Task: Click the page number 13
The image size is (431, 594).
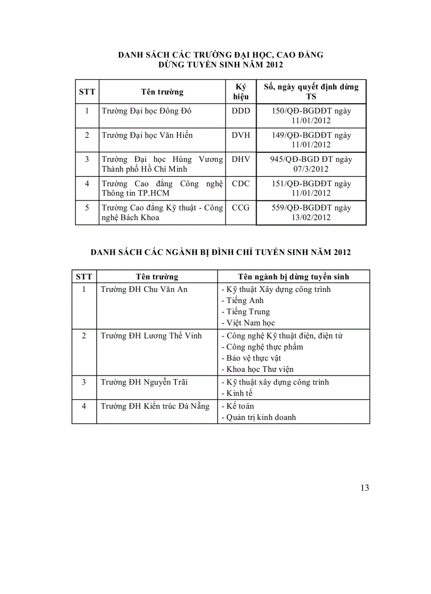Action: click(364, 488)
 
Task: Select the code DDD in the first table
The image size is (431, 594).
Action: click(241, 111)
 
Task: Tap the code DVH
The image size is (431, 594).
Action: click(241, 135)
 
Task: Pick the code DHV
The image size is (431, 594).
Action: click(241, 159)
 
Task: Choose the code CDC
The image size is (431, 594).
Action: click(241, 184)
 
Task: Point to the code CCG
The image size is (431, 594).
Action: click(241, 208)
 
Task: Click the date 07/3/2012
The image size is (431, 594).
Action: click(311, 169)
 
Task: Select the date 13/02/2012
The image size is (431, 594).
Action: click(311, 218)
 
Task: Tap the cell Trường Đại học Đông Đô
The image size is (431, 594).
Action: click(146, 111)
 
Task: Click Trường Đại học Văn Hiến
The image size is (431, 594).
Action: click(147, 135)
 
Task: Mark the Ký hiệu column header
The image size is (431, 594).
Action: click(241, 92)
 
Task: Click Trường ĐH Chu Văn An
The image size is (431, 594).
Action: click(144, 289)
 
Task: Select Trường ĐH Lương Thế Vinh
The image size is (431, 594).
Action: click(151, 336)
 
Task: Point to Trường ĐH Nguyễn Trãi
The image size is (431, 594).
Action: click(144, 382)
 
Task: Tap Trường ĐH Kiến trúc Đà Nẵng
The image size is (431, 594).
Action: click(155, 406)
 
